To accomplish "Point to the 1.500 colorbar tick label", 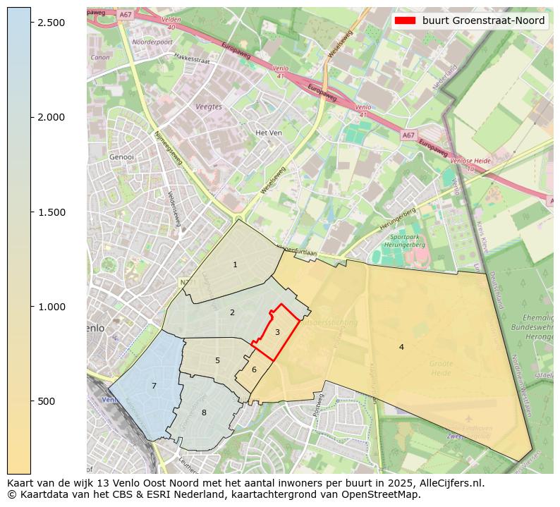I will click(x=50, y=212).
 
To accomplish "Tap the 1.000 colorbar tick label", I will click(x=50, y=307).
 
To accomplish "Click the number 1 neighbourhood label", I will click(x=235, y=264).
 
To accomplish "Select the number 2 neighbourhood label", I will click(x=232, y=312).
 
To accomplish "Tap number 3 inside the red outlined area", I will click(x=277, y=332).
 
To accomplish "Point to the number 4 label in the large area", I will click(x=401, y=347).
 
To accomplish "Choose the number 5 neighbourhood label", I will click(x=217, y=360).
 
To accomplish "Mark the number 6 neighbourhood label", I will click(x=254, y=369).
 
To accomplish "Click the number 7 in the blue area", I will click(x=154, y=386).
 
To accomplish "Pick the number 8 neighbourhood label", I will click(x=204, y=413).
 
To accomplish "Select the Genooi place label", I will click(x=122, y=157).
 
